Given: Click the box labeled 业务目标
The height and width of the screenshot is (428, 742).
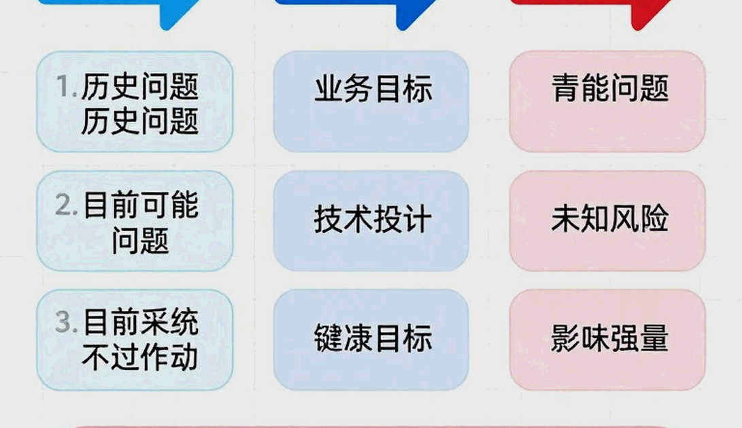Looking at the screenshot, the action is (x=371, y=101).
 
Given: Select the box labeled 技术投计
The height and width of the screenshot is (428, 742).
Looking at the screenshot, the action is (x=371, y=220).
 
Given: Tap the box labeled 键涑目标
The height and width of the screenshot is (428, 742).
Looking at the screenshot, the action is (x=371, y=340).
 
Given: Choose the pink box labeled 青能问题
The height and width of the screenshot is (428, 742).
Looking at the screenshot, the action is (x=607, y=101).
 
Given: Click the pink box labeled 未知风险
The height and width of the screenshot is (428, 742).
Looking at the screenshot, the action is (x=607, y=220).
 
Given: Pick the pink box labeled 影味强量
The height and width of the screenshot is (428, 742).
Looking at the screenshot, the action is (x=607, y=340).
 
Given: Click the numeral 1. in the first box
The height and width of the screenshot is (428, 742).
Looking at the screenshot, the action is (x=66, y=86).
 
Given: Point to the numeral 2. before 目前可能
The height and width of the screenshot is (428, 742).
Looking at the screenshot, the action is (x=66, y=205).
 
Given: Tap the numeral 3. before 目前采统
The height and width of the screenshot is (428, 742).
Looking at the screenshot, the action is (x=66, y=322).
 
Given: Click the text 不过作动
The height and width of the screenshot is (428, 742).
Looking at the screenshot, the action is (x=140, y=357).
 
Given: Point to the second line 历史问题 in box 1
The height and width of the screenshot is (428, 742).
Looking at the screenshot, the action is (x=140, y=121).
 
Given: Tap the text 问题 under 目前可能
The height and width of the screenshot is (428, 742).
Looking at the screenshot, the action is (x=141, y=240).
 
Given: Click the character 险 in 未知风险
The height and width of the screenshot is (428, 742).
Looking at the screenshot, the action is (x=654, y=218).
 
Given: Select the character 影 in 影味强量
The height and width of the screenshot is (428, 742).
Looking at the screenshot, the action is (x=565, y=338).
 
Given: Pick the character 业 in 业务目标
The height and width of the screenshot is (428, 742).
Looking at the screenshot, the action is (x=329, y=88).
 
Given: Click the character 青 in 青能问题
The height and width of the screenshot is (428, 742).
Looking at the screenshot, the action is (x=565, y=88).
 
